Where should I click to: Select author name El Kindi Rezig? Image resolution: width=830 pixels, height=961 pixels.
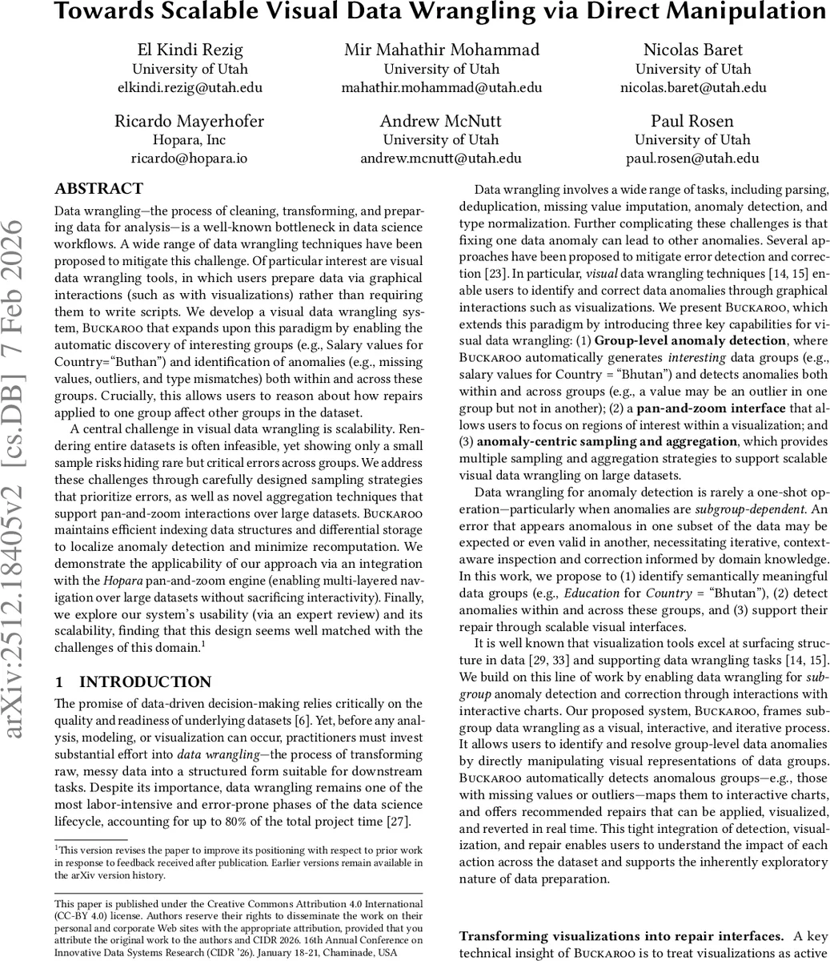click(190, 50)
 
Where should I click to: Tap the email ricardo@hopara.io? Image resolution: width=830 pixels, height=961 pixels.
click(189, 158)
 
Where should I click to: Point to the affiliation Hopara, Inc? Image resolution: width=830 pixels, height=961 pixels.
click(190, 140)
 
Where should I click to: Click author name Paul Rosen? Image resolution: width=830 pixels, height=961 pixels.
click(692, 121)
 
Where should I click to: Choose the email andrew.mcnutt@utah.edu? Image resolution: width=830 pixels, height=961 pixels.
click(441, 158)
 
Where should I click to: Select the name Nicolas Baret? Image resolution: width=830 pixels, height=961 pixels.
click(693, 50)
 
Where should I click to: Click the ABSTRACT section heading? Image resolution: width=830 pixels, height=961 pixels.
click(98, 189)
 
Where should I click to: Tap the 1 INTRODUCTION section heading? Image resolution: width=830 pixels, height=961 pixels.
click(133, 682)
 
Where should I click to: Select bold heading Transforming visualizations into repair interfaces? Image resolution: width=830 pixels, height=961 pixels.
click(622, 936)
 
